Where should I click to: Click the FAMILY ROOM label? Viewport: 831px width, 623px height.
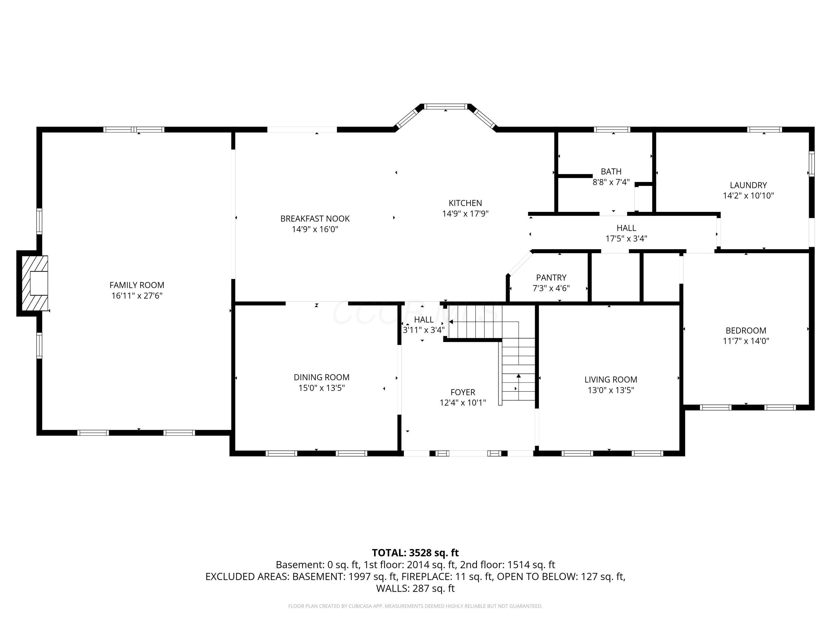(137, 285)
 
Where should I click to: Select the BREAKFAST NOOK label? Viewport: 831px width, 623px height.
(315, 218)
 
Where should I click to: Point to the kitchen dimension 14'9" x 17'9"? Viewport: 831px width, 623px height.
(465, 214)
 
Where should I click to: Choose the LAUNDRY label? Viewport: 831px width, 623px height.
(748, 185)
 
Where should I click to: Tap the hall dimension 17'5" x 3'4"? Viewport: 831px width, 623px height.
(626, 238)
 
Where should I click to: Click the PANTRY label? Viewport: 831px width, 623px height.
(551, 277)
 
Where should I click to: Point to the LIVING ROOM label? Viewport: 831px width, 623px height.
(611, 379)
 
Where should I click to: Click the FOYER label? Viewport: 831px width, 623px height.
(463, 392)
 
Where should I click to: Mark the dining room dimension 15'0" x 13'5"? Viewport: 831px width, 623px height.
(322, 388)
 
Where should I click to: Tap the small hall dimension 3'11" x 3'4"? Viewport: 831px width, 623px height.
(424, 330)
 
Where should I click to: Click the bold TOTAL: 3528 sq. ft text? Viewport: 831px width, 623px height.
(415, 553)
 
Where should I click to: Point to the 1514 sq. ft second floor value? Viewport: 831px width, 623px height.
(531, 565)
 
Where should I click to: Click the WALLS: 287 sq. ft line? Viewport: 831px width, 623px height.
(415, 588)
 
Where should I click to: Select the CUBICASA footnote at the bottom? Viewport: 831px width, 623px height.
(415, 606)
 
